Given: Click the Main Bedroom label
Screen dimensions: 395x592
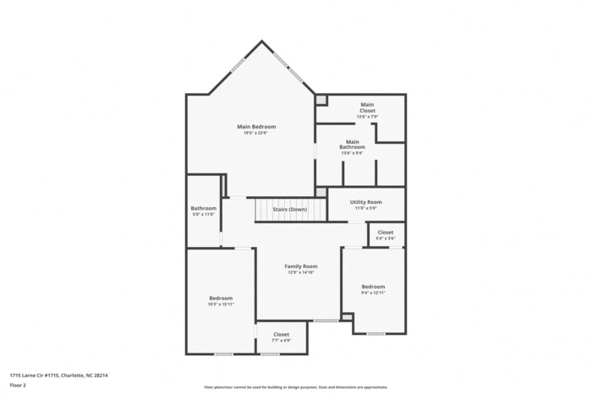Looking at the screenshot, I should (255, 127).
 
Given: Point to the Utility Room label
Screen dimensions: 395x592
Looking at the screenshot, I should (366, 202).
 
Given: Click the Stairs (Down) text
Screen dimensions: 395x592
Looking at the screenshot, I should (289, 209).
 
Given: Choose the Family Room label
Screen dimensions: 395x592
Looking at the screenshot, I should (300, 266).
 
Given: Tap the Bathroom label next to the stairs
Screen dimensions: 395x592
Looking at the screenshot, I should (203, 208).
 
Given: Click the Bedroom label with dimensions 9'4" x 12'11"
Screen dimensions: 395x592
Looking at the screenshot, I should (373, 287).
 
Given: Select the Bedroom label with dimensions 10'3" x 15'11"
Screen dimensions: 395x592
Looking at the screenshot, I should (221, 298).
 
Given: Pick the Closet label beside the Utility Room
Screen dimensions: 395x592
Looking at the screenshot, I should (385, 232).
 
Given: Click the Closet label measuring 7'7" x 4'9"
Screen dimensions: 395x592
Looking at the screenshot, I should (281, 334).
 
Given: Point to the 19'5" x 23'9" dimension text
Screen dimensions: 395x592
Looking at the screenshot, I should (255, 133).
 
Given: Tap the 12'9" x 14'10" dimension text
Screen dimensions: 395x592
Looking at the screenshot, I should (300, 272).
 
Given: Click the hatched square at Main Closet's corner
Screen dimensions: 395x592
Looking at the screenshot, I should (321, 100).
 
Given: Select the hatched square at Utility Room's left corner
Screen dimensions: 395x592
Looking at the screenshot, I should (321, 192).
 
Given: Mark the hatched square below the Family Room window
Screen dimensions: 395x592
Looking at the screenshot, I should (346, 317).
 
